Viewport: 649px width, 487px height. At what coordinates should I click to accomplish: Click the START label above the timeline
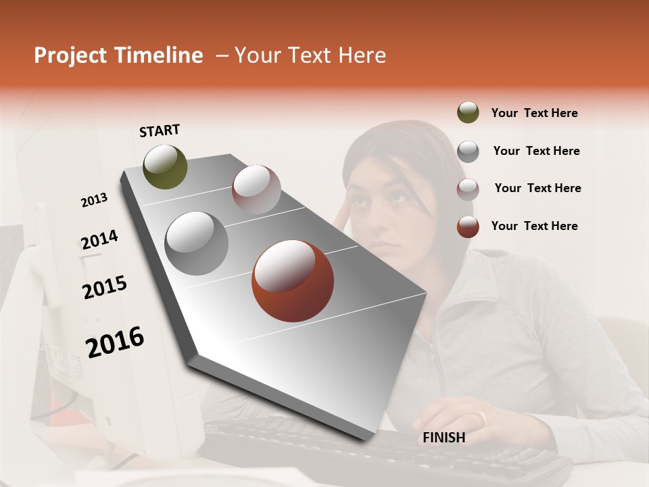click(160, 131)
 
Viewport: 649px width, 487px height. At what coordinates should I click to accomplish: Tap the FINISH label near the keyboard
click(444, 438)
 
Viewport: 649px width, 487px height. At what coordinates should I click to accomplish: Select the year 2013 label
click(94, 200)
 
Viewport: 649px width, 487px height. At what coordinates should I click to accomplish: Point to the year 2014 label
click(99, 240)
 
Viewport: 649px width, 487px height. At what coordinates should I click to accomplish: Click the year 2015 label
click(105, 287)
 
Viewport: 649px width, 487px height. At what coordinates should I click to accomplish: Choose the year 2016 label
click(115, 342)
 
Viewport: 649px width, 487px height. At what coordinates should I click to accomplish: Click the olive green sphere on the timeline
click(166, 167)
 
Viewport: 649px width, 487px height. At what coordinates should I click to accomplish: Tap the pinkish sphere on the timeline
click(256, 189)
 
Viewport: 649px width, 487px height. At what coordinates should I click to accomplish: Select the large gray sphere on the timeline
click(196, 243)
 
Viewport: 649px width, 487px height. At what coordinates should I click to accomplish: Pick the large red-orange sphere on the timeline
click(293, 281)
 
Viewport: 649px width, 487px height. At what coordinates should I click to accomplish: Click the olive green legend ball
click(468, 113)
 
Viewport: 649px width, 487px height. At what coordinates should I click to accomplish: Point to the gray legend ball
click(468, 151)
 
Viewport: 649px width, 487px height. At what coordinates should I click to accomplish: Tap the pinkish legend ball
click(468, 189)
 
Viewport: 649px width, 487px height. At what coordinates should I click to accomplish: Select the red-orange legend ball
click(468, 227)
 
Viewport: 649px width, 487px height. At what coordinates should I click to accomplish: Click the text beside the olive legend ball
click(534, 113)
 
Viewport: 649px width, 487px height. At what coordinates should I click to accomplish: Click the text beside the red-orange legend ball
click(534, 226)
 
